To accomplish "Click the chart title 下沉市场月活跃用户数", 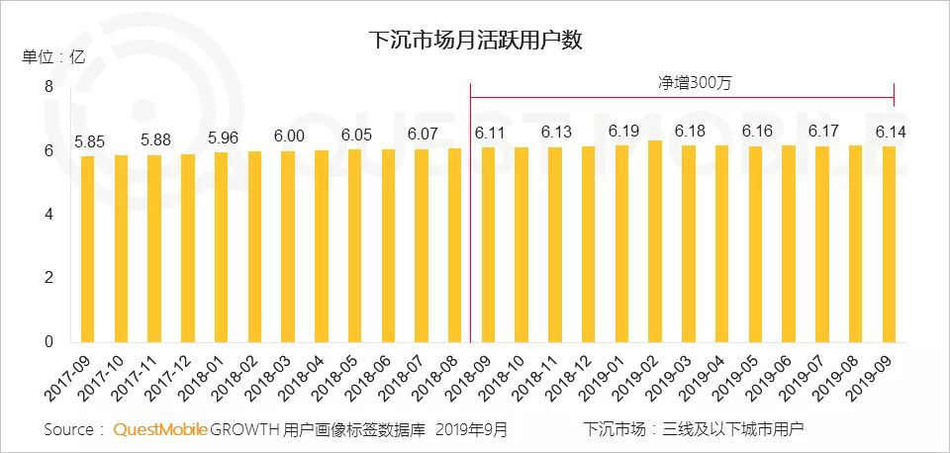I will (474, 41).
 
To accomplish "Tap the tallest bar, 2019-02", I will (654, 241).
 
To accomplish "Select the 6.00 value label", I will (287, 136).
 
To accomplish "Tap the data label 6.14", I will (888, 132).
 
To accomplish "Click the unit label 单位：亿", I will (54, 56).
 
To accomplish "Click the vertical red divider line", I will (470, 218).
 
